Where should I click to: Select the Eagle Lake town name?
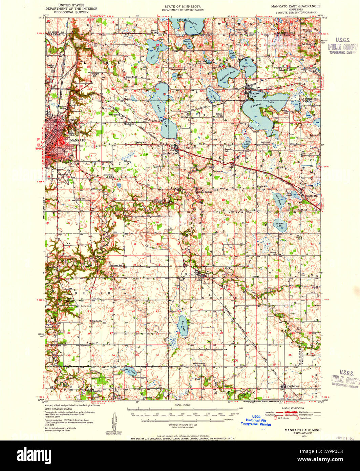[170, 153]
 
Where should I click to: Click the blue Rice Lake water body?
[182, 327]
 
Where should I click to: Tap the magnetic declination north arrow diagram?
[110, 424]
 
